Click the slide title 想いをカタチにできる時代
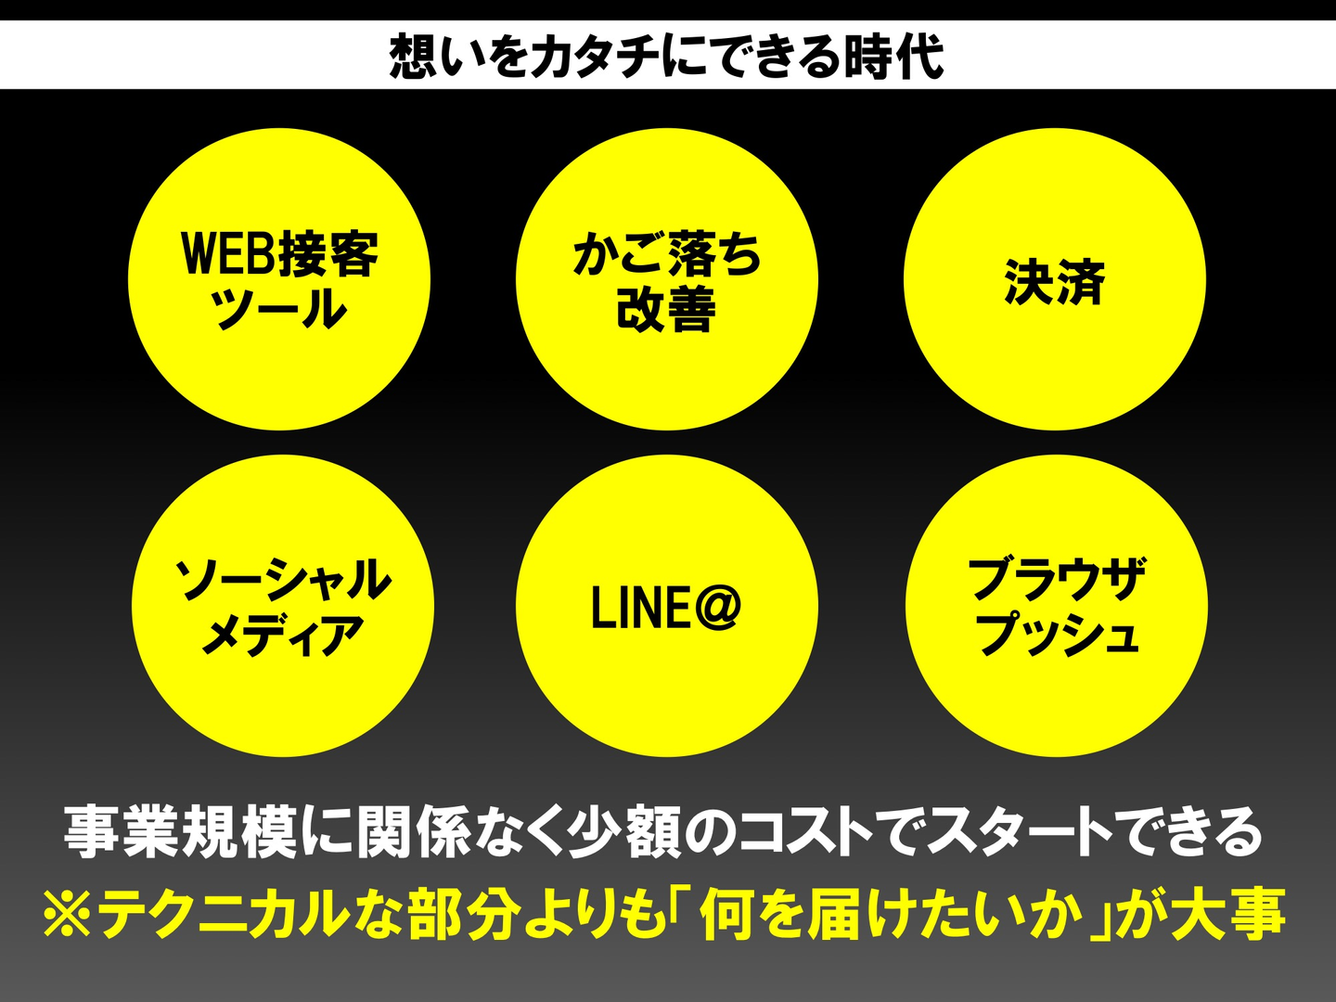click(x=666, y=56)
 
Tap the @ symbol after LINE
click(x=716, y=608)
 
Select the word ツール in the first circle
click(x=279, y=309)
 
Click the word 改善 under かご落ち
click(x=666, y=309)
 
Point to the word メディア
click(x=283, y=636)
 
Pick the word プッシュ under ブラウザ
click(x=1057, y=636)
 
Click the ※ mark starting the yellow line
click(x=67, y=914)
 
